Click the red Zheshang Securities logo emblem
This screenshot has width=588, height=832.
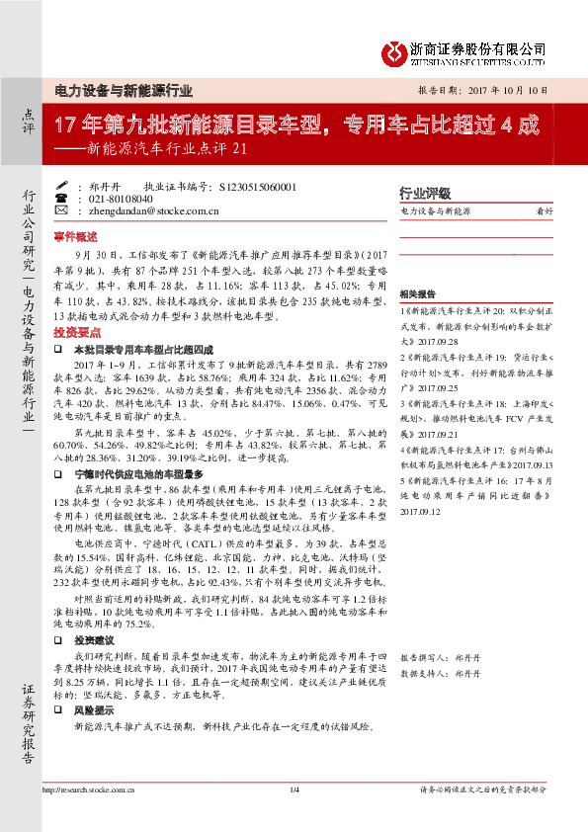(x=395, y=50)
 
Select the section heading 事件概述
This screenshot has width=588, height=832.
(x=75, y=238)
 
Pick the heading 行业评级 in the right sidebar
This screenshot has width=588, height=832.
(x=424, y=193)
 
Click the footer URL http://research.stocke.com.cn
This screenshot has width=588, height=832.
(x=91, y=817)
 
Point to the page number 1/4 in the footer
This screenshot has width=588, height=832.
(x=294, y=817)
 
